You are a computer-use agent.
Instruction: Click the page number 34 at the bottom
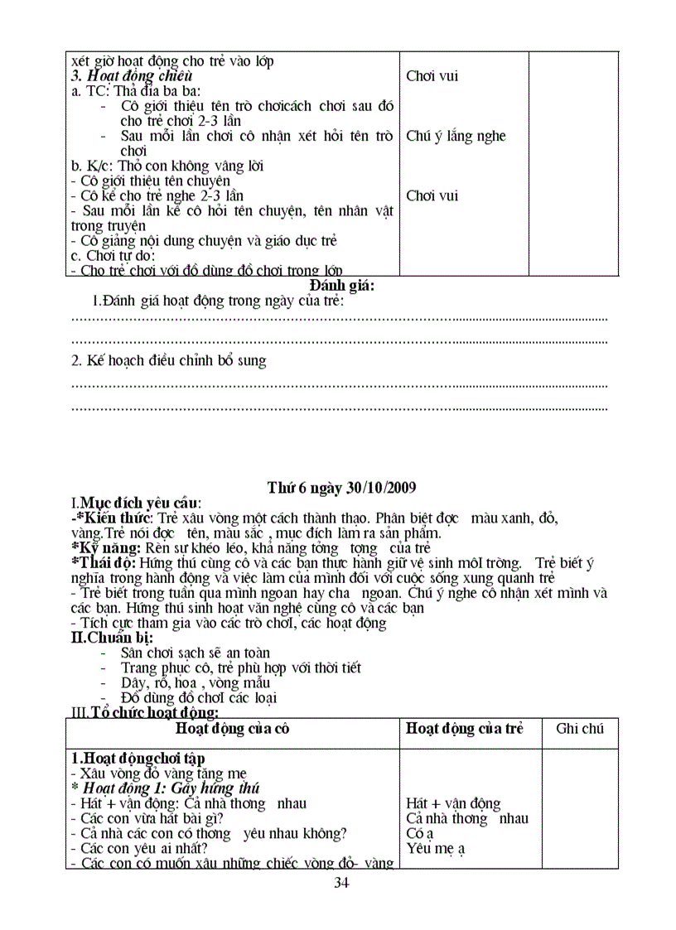pos(340,882)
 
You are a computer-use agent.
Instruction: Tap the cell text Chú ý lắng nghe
pos(456,136)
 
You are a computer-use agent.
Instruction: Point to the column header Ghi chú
pos(580,729)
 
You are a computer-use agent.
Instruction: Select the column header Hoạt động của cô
pos(233,729)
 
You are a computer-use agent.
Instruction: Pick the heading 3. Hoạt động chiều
pos(132,76)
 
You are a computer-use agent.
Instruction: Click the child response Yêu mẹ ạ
pos(436,848)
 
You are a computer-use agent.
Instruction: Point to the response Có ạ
pos(420,833)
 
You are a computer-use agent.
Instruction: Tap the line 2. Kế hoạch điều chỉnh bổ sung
pos(169,361)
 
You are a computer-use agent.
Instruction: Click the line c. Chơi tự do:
pos(113,256)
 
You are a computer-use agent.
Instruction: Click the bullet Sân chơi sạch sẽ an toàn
pos(196,653)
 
